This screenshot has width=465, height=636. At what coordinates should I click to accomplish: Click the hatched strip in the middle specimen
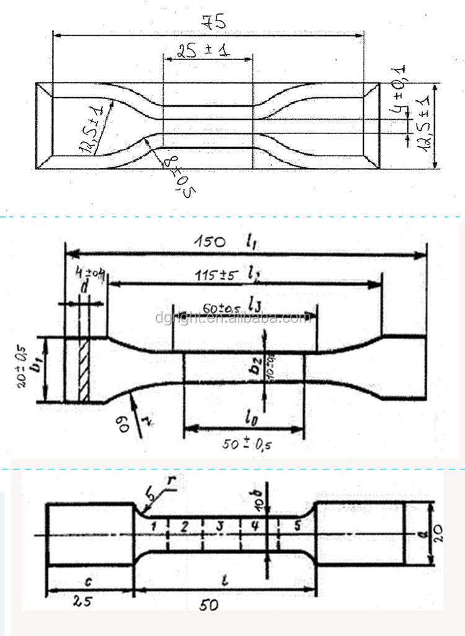(x=83, y=371)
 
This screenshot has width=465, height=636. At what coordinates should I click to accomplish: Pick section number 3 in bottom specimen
(x=219, y=526)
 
